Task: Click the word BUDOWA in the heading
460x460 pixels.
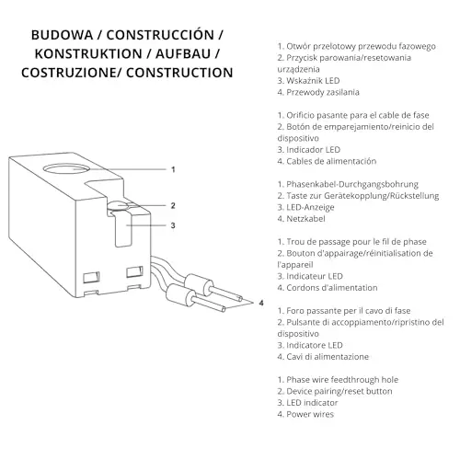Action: click(x=62, y=35)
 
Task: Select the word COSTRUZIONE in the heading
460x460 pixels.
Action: click(x=69, y=73)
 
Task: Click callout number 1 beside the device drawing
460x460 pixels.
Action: click(x=173, y=169)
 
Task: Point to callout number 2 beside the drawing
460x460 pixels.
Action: click(x=173, y=205)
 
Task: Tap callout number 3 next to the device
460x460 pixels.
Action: click(x=173, y=225)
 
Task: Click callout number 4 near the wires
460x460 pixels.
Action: click(x=261, y=303)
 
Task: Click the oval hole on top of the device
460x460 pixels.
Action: click(x=66, y=169)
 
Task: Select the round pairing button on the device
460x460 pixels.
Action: click(x=117, y=206)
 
